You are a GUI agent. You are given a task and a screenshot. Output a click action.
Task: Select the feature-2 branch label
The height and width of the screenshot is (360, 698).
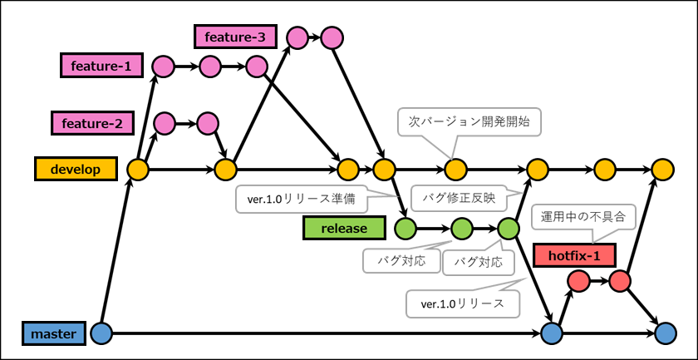(91, 124)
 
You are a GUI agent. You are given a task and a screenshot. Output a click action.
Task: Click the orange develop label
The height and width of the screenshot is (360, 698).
(75, 169)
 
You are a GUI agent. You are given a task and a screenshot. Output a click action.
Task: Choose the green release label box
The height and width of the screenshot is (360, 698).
(344, 227)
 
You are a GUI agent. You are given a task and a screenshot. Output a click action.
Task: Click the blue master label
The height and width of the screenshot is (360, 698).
(53, 333)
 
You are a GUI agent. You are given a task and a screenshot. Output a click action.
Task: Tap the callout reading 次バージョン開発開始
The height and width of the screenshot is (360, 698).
(474, 121)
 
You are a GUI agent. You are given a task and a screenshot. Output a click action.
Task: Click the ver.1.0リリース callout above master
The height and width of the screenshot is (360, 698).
(462, 303)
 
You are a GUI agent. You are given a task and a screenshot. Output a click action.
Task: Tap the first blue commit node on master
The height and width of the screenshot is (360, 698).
(101, 333)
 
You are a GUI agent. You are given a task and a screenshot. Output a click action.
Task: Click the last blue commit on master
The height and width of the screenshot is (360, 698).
(662, 333)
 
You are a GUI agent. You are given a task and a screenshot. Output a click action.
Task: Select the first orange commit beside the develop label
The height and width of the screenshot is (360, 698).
(137, 170)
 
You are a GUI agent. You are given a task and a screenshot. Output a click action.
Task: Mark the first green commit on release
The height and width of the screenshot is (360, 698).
(406, 227)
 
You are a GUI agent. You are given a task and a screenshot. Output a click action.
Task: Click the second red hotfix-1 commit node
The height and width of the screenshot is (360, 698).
(620, 282)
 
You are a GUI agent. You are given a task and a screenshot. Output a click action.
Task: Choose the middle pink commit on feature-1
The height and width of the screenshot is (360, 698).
(209, 66)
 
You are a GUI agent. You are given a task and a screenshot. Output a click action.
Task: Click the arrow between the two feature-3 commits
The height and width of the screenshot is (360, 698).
(313, 37)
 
